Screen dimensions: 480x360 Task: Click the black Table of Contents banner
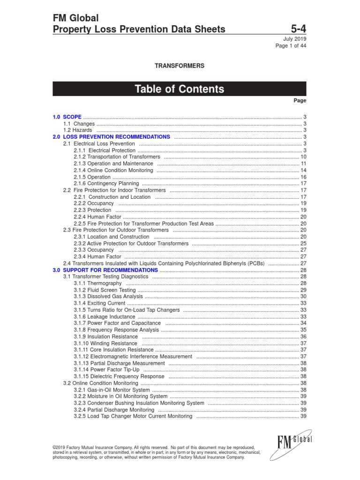point(180,89)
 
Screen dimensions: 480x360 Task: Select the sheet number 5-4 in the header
point(297,30)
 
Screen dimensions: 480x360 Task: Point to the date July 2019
point(295,39)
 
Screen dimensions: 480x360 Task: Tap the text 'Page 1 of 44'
point(291,45)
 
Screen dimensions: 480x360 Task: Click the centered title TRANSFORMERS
point(180,66)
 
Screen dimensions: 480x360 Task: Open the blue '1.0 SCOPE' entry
point(67,117)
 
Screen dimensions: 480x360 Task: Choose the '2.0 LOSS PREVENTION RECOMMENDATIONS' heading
point(112,137)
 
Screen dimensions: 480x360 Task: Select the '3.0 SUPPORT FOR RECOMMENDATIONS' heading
point(105,270)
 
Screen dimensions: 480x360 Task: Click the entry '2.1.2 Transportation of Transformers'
point(117,157)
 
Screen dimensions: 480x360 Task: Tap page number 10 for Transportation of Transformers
point(303,157)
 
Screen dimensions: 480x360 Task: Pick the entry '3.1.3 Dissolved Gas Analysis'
point(108,297)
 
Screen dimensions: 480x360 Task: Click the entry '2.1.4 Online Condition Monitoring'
point(113,170)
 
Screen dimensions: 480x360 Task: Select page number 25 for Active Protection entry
point(303,244)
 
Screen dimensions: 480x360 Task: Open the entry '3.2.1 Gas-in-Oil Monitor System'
point(112,390)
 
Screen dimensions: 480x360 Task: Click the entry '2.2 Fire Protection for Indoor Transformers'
point(114,190)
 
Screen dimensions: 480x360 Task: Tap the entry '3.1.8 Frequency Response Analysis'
point(117,330)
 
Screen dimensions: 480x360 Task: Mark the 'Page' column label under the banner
point(300,100)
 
